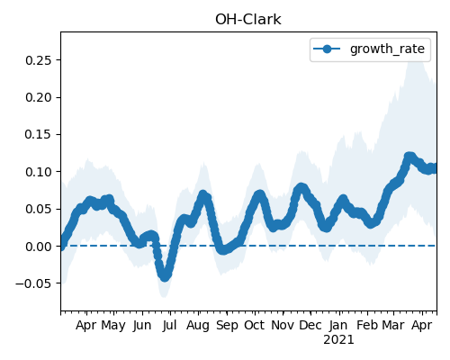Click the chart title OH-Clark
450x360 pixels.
(x=248, y=20)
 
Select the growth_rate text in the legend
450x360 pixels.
(x=387, y=49)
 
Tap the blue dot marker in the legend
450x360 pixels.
(x=327, y=49)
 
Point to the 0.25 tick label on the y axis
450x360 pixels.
(x=39, y=60)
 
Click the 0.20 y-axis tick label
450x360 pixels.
(x=39, y=97)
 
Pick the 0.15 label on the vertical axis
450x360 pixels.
(x=39, y=134)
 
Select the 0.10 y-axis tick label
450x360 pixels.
(x=39, y=172)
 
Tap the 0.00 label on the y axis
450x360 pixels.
(x=39, y=247)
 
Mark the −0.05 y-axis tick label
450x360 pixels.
(x=34, y=283)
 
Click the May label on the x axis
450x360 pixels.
(x=113, y=326)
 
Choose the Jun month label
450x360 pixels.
(x=142, y=326)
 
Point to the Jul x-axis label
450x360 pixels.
(x=169, y=326)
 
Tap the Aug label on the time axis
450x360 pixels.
(x=198, y=326)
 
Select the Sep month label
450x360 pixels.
(x=227, y=326)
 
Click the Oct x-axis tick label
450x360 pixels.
(x=255, y=325)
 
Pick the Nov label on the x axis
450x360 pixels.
(x=283, y=325)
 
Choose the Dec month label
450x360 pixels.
(x=310, y=325)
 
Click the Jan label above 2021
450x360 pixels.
(x=338, y=326)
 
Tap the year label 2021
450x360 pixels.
(x=338, y=340)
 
